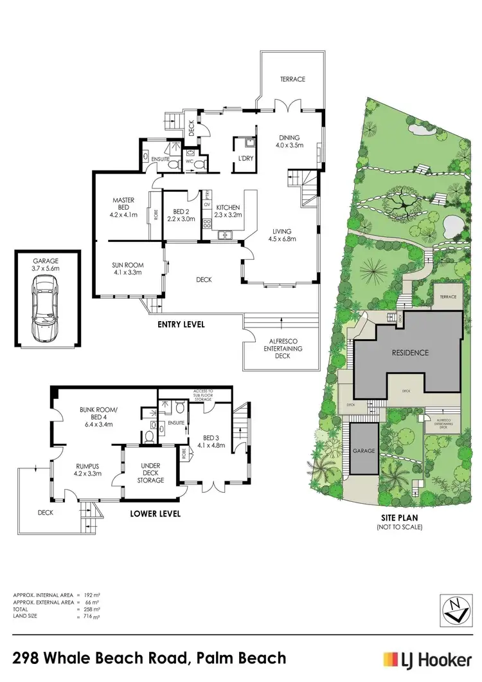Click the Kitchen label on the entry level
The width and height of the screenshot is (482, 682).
point(228,207)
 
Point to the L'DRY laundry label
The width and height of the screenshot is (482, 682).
point(244,158)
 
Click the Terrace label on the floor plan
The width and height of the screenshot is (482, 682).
point(292,79)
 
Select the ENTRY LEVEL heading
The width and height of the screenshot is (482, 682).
point(181,326)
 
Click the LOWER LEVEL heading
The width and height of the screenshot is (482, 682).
point(155,513)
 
